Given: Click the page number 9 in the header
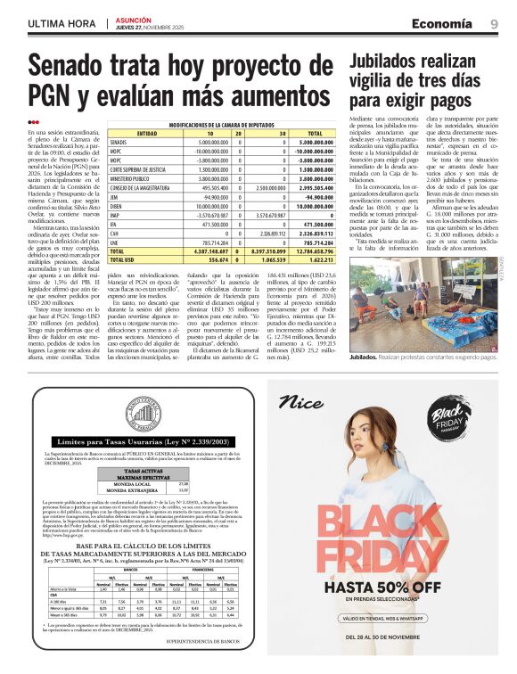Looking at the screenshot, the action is [x=493, y=22].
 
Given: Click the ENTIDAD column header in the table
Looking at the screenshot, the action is [x=146, y=134].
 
